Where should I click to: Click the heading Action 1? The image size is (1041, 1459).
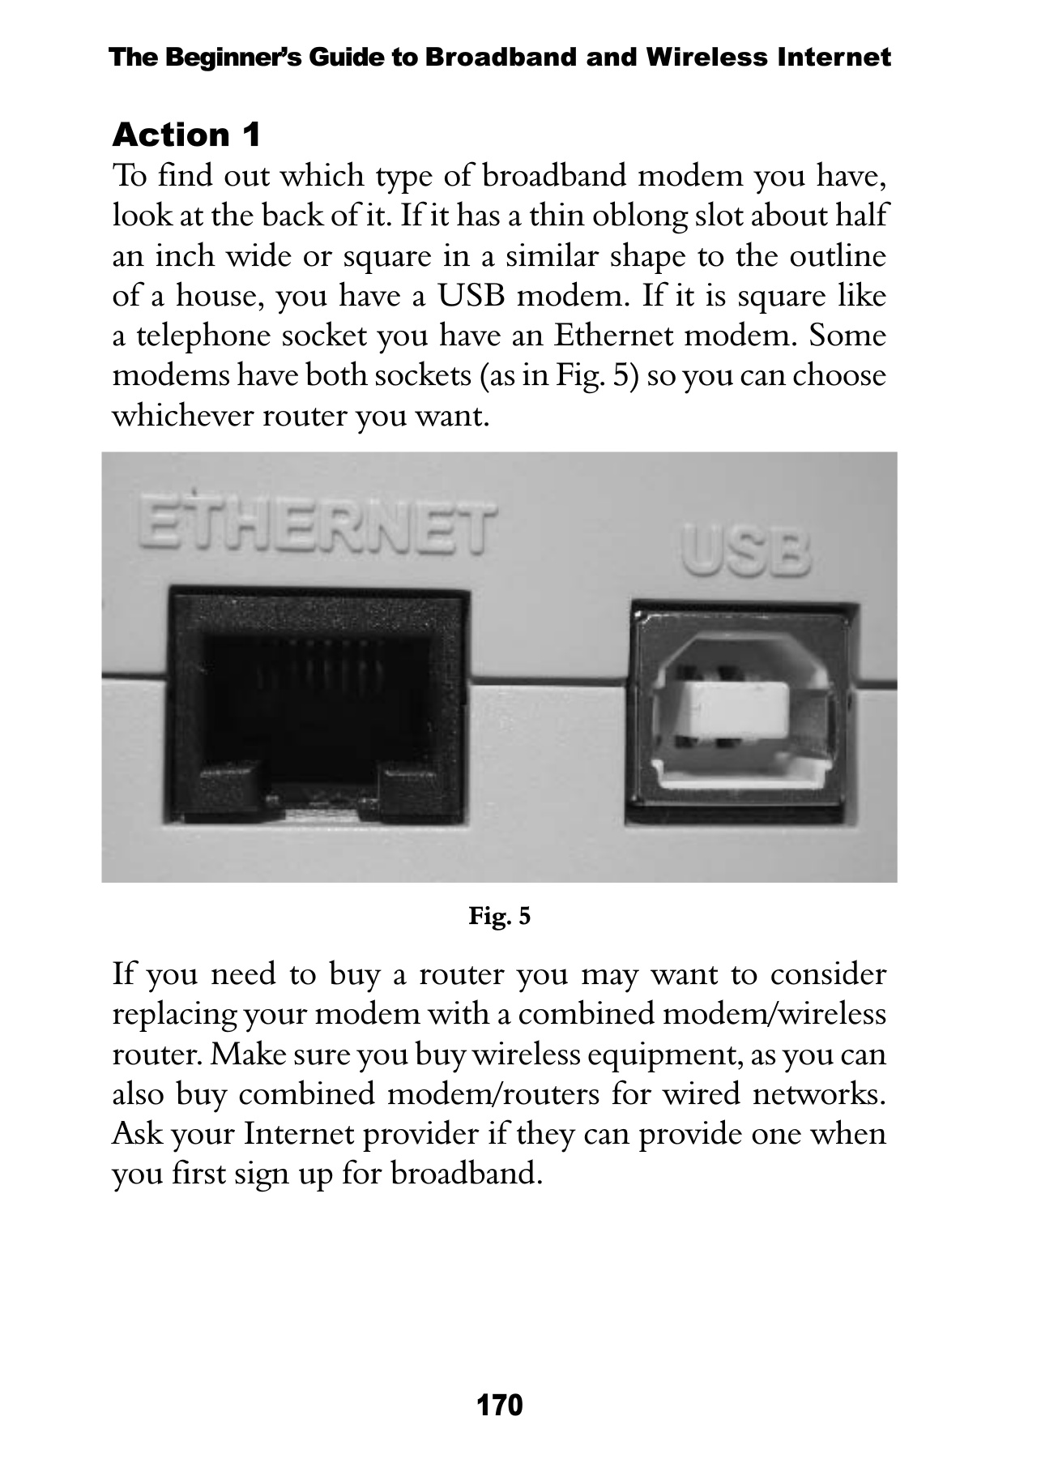(x=186, y=135)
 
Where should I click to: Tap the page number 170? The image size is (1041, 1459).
(x=500, y=1406)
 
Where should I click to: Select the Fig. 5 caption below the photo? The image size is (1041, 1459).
(x=500, y=917)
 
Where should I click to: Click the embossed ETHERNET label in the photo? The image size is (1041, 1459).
(x=317, y=525)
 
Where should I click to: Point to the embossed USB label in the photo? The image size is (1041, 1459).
(x=746, y=554)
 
